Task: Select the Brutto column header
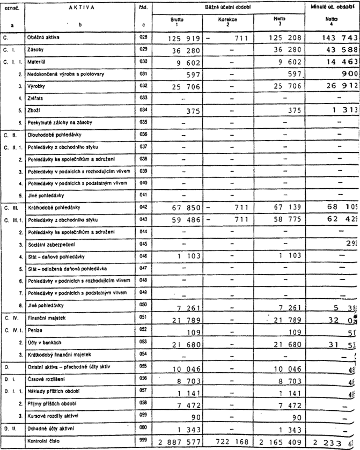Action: [x=177, y=20]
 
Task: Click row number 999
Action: [x=142, y=439]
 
